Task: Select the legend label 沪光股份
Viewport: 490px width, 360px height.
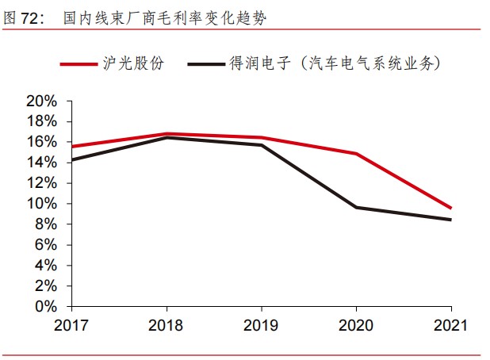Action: [132, 63]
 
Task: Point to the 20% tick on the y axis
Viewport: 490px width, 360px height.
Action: [42, 101]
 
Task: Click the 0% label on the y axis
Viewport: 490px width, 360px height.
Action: [46, 306]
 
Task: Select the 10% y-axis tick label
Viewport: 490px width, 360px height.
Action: [42, 204]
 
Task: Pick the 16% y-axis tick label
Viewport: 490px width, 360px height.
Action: [42, 142]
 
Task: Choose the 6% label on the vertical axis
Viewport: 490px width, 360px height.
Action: [46, 245]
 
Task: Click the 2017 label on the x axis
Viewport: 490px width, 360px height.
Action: [71, 325]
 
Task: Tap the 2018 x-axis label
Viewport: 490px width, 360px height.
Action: [167, 325]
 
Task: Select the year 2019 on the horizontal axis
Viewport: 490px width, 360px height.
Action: [261, 325]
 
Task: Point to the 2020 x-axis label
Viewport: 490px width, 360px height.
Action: [356, 325]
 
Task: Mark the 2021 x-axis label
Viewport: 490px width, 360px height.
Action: [451, 325]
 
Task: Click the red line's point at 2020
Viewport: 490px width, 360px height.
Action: [356, 154]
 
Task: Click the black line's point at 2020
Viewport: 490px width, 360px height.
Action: [356, 208]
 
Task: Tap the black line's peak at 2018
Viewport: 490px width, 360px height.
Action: [167, 138]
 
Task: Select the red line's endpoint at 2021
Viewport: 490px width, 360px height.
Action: [451, 209]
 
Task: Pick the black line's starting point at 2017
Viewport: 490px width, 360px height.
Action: [71, 160]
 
